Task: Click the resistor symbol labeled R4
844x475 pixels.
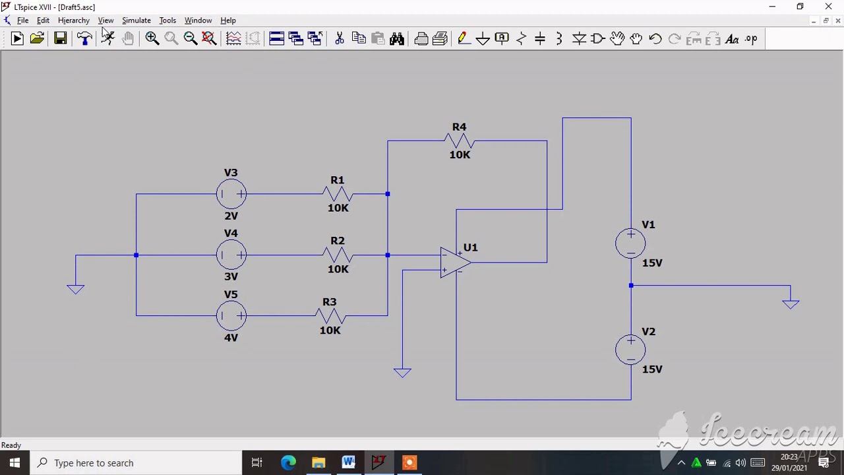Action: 460,141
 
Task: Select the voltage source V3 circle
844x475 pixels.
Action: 231,194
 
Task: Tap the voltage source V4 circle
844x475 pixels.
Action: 231,255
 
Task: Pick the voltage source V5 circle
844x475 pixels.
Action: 231,316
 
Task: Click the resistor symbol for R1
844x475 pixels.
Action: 338,194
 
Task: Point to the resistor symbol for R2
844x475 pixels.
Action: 338,255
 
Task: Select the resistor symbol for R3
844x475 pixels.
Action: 330,316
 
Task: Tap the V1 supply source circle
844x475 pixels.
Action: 630,243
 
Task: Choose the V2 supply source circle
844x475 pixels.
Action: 630,350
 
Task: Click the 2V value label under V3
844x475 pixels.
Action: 231,216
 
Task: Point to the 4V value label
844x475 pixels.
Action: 231,338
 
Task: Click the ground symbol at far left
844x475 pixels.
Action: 76,288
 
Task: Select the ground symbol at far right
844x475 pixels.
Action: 791,303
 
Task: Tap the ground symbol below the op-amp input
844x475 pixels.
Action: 402,372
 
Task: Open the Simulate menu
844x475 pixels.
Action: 136,20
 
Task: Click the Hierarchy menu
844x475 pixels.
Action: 73,20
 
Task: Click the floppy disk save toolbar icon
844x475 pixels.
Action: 60,39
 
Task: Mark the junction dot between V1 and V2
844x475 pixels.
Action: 631,286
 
